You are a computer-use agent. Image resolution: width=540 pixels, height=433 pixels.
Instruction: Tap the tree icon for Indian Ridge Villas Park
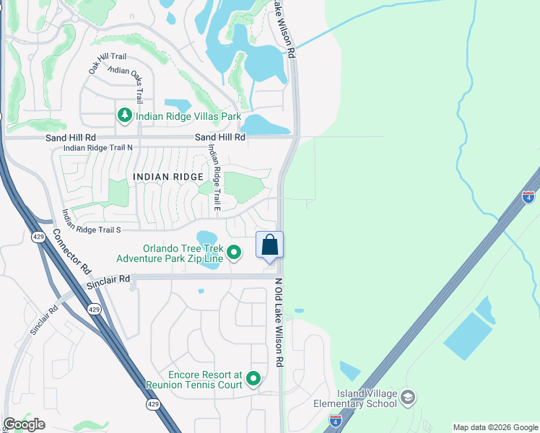click(125, 115)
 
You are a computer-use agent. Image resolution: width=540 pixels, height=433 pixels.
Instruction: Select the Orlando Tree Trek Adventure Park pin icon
click(234, 252)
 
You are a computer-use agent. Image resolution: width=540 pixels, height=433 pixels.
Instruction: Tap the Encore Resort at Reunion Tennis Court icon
click(253, 379)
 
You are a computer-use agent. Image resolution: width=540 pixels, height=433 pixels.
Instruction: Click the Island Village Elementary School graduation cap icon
click(408, 398)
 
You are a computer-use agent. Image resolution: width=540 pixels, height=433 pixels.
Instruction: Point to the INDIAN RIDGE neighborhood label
click(167, 176)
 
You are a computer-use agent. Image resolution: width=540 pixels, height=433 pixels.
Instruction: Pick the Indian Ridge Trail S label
click(90, 230)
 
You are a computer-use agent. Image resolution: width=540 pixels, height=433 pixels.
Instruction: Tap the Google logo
click(24, 424)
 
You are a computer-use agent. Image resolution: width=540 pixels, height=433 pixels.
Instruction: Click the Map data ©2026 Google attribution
click(495, 427)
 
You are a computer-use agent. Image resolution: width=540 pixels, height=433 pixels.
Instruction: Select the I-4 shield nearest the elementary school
click(335, 419)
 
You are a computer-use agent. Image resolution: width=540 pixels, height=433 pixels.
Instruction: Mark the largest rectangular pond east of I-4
click(468, 336)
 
